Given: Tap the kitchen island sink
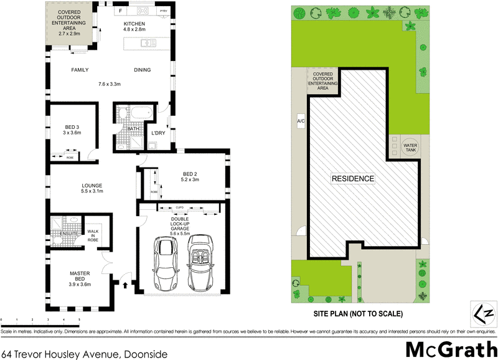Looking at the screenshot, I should [148, 43].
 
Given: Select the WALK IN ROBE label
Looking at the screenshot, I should [93, 235].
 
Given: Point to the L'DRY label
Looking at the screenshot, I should [158, 133].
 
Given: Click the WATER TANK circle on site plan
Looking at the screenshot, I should [411, 145].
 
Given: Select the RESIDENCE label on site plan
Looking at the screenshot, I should [352, 179].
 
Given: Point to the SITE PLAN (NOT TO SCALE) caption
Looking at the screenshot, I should [357, 313].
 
